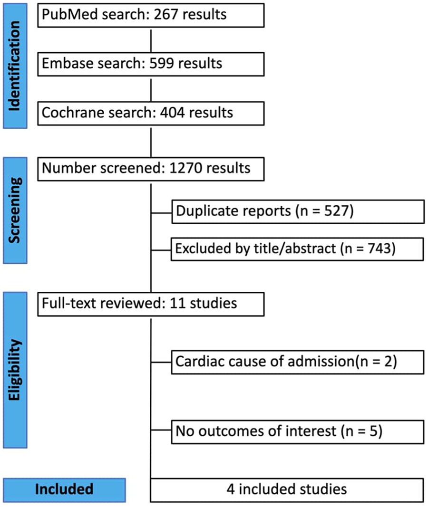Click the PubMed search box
click(150, 15)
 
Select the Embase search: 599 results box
click(150, 64)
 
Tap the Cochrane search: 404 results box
click(150, 114)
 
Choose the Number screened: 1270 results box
click(150, 169)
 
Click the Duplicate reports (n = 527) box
click(297, 211)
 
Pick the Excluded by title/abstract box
click(297, 249)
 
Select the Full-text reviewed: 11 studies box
click(150, 303)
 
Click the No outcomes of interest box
click(297, 432)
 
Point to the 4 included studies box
click(287, 489)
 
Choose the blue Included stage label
click(64, 489)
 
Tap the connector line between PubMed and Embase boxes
click(150, 40)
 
